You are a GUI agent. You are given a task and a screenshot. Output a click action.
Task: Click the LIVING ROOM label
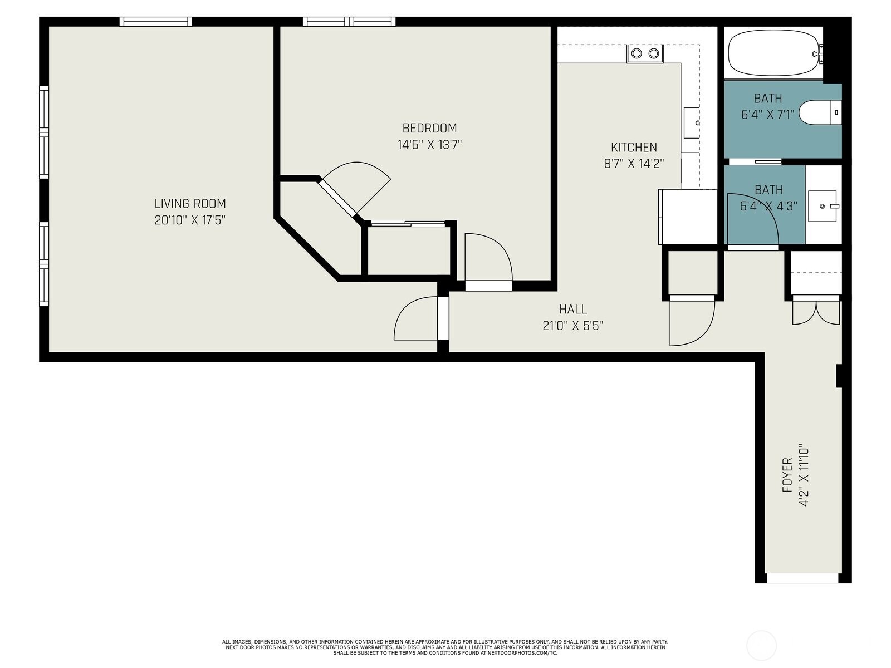(x=190, y=204)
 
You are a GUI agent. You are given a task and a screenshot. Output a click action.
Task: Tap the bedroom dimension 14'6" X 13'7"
(x=429, y=145)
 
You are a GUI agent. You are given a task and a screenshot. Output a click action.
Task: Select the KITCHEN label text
(x=634, y=148)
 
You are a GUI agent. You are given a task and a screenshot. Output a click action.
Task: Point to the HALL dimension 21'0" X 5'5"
(x=572, y=326)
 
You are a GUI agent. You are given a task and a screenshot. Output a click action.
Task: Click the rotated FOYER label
(x=787, y=475)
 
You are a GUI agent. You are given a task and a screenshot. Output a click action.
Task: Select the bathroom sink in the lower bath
(x=823, y=205)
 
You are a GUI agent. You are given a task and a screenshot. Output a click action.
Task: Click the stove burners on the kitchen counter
(x=645, y=53)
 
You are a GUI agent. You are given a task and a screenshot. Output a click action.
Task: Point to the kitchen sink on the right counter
(x=692, y=122)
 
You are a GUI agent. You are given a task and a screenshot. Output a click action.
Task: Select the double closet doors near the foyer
(x=816, y=313)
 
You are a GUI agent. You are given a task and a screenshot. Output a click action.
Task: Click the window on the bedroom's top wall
(x=349, y=22)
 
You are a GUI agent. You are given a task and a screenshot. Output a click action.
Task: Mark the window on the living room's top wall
(x=156, y=22)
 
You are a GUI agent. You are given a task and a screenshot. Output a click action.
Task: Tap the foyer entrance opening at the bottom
(x=802, y=578)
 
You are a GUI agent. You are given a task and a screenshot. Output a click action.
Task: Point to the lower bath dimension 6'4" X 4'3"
(x=768, y=206)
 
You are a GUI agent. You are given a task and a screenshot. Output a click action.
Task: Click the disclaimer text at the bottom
(x=445, y=647)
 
